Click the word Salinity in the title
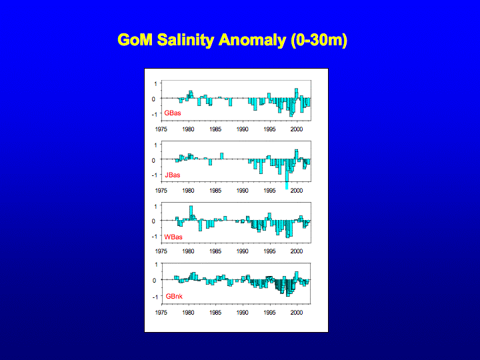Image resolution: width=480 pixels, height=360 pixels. click(185, 40)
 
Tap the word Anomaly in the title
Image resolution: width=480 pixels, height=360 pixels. click(252, 40)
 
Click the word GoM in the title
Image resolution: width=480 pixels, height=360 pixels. click(135, 40)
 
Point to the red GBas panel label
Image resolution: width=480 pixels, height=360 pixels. click(173, 113)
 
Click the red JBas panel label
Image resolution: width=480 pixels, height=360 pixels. click(173, 175)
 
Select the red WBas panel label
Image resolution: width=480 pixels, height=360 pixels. click(173, 237)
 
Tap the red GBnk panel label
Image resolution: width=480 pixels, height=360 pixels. click(174, 296)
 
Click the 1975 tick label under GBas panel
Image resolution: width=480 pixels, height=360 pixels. click(161, 129)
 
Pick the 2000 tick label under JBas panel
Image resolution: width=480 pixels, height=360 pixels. click(296, 191)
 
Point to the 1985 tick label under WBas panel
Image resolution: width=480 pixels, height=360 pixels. click(215, 251)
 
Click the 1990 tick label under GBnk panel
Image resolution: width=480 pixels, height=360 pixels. click(242, 313)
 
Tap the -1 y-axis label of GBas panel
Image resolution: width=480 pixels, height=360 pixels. click(154, 114)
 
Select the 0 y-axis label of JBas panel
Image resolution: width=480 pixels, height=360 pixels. click(154, 160)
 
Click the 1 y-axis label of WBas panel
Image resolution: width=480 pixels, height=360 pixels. click(155, 206)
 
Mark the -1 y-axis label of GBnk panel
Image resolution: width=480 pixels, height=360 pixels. click(155, 297)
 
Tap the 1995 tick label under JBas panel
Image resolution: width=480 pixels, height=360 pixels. click(269, 191)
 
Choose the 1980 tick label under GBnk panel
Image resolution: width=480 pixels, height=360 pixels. click(188, 313)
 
